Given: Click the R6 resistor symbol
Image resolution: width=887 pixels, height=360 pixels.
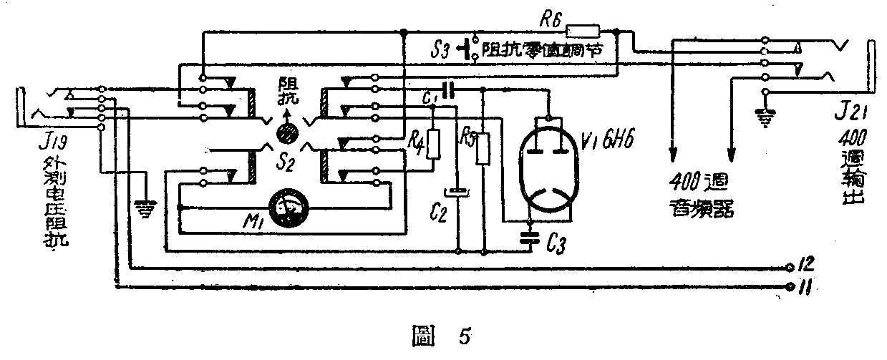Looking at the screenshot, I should point(583,31).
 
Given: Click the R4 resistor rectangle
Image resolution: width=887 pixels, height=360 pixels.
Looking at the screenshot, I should point(432,145).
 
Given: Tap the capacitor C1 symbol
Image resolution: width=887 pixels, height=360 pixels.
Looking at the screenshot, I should point(449,90).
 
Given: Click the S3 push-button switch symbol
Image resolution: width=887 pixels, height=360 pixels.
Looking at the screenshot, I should point(470,50).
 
